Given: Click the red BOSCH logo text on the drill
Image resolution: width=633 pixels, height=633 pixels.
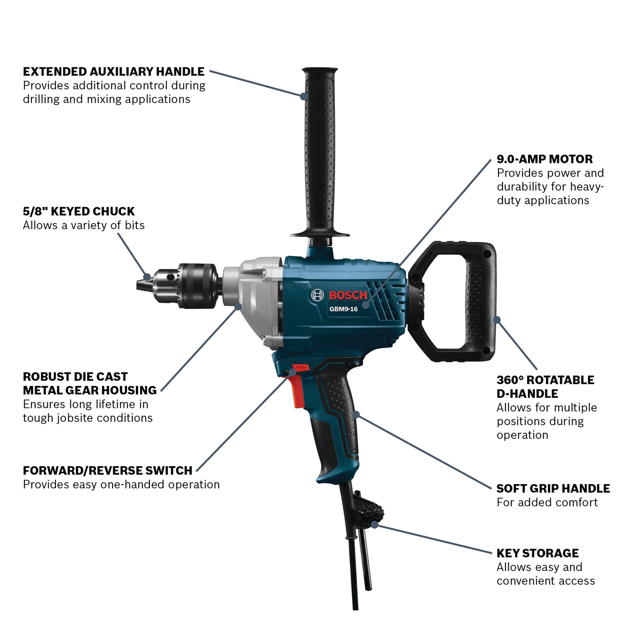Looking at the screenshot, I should tap(348, 295).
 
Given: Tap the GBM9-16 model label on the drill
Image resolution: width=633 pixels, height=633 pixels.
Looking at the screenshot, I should tap(343, 309).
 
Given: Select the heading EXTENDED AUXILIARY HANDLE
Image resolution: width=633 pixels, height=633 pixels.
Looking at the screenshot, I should tap(113, 71).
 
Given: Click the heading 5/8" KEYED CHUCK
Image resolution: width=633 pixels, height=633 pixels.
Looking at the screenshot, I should tap(79, 211).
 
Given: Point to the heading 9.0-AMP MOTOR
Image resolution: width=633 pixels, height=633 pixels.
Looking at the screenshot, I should tap(545, 159).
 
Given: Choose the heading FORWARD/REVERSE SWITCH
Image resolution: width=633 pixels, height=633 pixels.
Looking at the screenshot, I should tap(108, 470).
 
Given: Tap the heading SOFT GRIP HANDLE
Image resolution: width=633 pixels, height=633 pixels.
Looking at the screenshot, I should tap(553, 488).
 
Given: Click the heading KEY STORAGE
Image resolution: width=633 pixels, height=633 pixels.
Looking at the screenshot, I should tap(538, 553).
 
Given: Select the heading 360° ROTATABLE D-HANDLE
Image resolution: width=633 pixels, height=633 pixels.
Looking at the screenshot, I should tap(545, 387).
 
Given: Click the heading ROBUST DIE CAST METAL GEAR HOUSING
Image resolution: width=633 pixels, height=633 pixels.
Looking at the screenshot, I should tap(90, 383).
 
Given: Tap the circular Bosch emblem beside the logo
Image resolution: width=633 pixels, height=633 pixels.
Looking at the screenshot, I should tap(317, 295).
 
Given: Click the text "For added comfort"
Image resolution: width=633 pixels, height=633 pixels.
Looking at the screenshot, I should tap(547, 502).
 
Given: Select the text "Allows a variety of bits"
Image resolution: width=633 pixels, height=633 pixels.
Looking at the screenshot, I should tap(84, 225).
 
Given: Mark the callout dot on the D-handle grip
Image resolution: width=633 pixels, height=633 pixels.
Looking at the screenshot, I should tap(497, 319).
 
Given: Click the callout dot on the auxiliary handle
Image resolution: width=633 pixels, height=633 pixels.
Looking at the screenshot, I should tap(303, 95).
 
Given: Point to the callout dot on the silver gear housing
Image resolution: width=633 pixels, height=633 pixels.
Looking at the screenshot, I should tap(238, 307).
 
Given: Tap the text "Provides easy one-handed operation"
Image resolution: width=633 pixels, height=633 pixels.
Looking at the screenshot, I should tap(121, 484).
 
